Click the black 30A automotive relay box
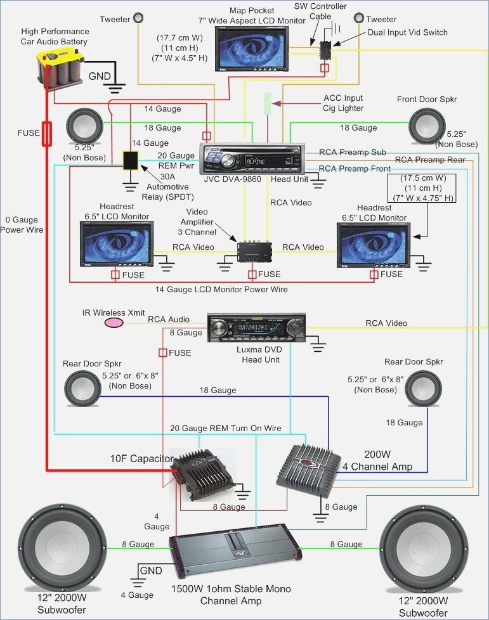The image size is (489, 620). pyautogui.click(x=131, y=160)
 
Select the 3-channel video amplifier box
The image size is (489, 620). pyautogui.click(x=254, y=250)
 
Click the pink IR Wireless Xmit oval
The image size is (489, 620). pyautogui.click(x=114, y=323)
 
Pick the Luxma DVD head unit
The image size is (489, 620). pyautogui.click(x=256, y=328)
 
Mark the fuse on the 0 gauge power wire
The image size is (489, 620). pyautogui.click(x=46, y=134)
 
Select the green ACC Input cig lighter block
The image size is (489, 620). pyautogui.click(x=268, y=103)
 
